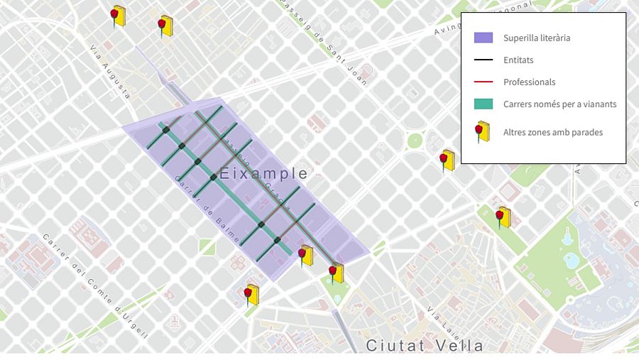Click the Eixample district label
coord(263,173)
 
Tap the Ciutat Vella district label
coord(425,346)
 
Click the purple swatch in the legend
coord(483,38)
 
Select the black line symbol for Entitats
coord(483,60)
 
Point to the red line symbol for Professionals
coord(483,82)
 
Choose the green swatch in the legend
coord(483,104)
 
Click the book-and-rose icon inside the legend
coord(483,132)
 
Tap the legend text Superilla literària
coord(537,38)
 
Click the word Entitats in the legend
coord(518,60)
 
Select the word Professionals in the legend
coord(529,82)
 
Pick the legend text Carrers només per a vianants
coord(559,104)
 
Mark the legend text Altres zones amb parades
coord(553,132)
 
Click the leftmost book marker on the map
coord(117,16)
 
